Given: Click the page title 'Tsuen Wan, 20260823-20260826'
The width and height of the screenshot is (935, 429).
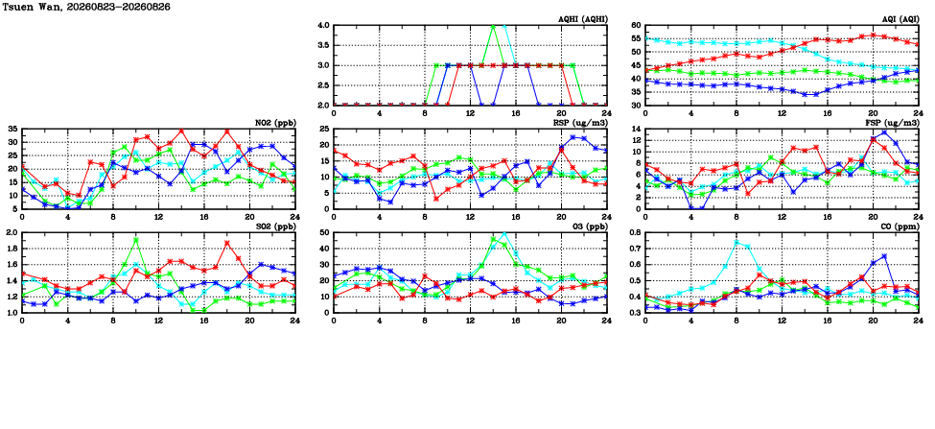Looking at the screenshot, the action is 87,6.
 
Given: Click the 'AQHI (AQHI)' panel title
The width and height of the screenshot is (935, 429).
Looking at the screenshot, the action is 579,19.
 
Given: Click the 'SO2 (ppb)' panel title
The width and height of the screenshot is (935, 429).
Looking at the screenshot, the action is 275,226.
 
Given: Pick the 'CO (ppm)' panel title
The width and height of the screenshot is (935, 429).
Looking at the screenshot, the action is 898,226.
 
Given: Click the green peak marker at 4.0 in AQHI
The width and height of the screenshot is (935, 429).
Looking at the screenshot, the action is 493,26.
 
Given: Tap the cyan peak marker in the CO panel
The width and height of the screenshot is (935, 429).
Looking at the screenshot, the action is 736,242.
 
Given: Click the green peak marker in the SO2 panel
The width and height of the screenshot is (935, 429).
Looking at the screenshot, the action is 136,240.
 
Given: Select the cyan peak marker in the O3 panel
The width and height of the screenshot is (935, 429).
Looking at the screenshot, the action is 503,234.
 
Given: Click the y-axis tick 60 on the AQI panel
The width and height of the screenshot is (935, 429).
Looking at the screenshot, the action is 635,26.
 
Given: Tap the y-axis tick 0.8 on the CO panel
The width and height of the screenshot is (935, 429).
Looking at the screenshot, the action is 633,232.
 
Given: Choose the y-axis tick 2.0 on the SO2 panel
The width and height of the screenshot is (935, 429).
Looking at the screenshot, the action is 11,232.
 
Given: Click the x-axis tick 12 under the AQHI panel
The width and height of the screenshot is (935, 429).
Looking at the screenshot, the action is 470,113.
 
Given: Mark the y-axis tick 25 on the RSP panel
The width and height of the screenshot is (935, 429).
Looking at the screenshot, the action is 324,129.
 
